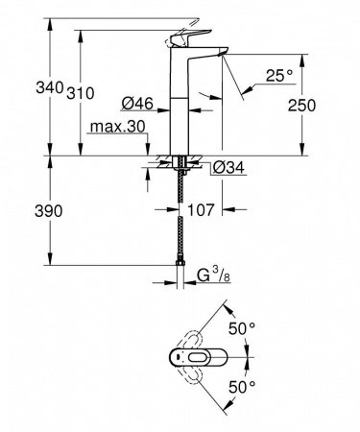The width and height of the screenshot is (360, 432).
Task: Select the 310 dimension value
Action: pos(81,92)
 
